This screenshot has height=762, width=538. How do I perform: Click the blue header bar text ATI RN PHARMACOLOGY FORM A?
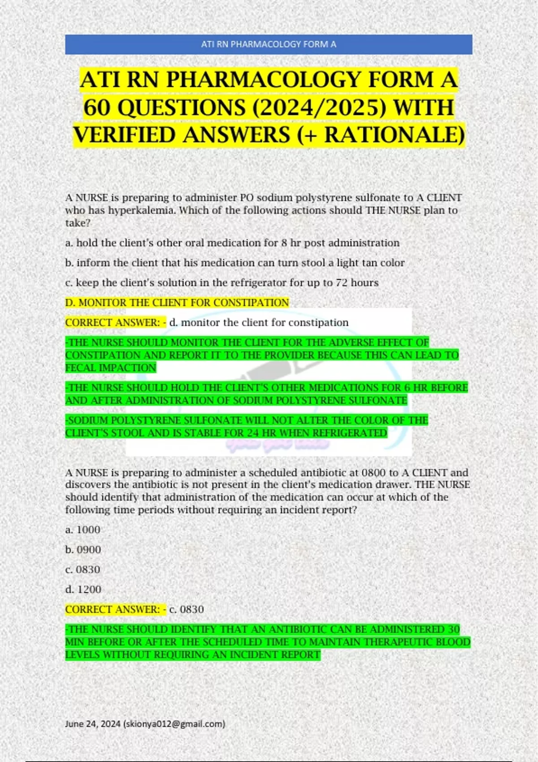269,44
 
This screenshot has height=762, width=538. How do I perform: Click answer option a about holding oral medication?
232,243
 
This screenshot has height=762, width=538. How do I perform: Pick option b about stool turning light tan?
235,263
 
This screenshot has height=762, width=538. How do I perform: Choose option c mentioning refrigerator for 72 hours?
222,283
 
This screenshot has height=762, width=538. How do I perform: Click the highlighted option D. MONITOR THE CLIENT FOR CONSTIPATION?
177,303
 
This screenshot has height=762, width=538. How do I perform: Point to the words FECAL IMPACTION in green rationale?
111,368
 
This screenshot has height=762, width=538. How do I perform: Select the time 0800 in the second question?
374,473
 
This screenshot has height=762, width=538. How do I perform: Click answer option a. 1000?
83,530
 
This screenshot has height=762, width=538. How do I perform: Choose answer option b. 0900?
83,550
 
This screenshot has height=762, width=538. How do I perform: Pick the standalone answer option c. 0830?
83,570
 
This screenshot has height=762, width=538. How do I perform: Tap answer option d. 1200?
83,589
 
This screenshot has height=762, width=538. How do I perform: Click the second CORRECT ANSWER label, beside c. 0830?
115,610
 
